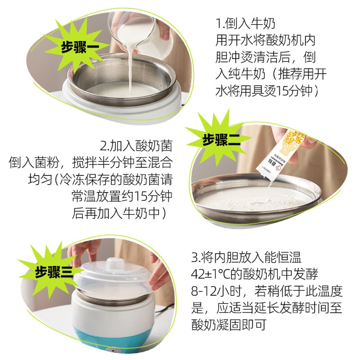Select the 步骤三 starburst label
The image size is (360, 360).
point(53,272)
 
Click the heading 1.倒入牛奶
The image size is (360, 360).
point(245,24)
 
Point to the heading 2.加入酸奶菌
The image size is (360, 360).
point(136,146)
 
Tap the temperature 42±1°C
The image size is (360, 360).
point(211,273)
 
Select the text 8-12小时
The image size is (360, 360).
point(216,291)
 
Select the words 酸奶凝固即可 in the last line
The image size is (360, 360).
point(229,325)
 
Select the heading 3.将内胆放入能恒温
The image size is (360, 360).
point(246,257)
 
